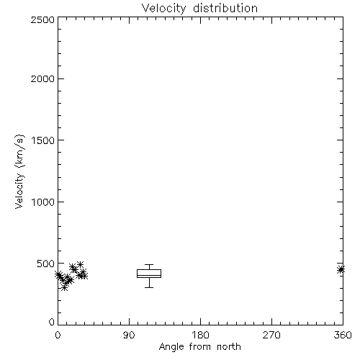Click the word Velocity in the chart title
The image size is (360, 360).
tap(164, 9)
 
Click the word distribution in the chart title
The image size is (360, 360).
tap(225, 8)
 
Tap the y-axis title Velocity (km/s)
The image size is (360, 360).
tap(19, 172)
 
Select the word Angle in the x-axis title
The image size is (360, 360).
tap(171, 347)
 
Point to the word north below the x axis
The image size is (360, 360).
tap(229, 346)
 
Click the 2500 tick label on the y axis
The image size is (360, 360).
tap(42, 19)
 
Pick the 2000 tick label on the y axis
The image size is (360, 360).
tap(42, 78)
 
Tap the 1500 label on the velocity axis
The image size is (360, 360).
tap(43, 140)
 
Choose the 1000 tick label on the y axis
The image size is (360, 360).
tap(43, 202)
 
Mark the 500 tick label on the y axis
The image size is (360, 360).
tap(46, 264)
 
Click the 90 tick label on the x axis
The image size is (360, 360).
tap(129, 335)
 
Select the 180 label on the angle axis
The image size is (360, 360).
tap(200, 335)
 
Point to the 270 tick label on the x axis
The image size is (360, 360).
tap(271, 335)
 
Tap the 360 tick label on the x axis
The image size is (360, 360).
tap(343, 335)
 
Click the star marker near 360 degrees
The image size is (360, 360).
tap(341, 269)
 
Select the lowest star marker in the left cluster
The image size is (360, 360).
tap(64, 287)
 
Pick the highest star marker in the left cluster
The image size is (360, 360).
tap(80, 264)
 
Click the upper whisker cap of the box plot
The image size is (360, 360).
tap(149, 265)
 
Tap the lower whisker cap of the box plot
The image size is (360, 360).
tap(149, 287)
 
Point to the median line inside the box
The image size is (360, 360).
tap(149, 275)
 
